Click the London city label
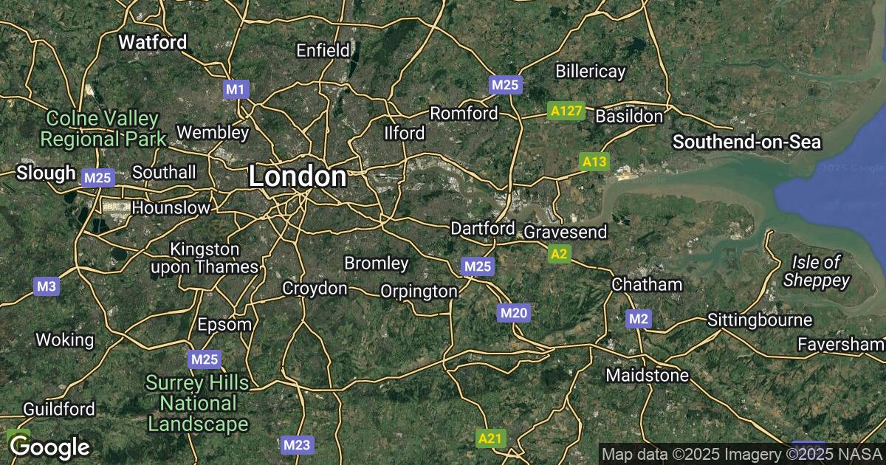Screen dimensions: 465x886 pos(297,177)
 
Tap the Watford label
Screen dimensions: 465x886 pos(153,42)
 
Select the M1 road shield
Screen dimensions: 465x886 pos(236,89)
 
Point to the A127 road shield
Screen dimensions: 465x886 pos(567,111)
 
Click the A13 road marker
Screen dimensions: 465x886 pos(594,162)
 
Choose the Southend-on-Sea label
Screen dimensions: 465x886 pos(746,142)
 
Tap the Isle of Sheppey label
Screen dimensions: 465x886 pos(816,271)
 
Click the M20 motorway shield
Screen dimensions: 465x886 pos(514,313)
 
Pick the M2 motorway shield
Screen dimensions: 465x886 pos(639,319)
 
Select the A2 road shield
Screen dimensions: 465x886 pos(559,255)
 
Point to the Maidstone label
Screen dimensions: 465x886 pos(647,376)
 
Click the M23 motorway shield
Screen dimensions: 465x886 pos(298,444)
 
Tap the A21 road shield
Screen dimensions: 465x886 pos(490,439)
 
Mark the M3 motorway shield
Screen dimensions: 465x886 pos(46,286)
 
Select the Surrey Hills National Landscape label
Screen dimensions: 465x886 pos(197,403)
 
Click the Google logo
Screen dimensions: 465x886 pos(49,447)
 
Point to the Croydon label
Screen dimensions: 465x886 pos(315,289)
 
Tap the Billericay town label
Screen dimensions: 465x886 pos(591,72)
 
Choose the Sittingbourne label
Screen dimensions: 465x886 pos(760,320)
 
